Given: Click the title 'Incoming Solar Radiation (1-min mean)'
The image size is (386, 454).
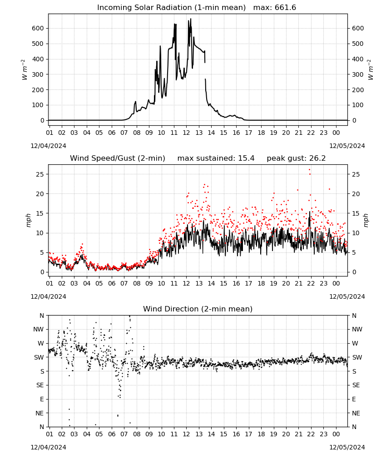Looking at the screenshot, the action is (171, 8).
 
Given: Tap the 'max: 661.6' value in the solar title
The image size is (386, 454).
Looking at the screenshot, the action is (275, 8).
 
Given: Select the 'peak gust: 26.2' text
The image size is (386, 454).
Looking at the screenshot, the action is (296, 158).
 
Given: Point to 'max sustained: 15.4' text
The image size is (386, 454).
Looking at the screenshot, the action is (216, 158).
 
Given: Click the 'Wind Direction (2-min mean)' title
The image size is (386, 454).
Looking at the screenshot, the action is (198, 309).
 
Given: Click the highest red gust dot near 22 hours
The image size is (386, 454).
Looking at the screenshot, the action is (310, 170).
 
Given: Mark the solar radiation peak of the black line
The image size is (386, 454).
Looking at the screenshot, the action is (191, 19).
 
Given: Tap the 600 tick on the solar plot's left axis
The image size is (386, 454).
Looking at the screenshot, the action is (38, 28).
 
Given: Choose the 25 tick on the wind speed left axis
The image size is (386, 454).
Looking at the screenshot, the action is (40, 174).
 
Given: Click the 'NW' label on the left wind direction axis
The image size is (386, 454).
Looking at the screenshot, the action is (39, 330).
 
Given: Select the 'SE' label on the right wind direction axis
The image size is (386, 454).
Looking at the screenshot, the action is (356, 385).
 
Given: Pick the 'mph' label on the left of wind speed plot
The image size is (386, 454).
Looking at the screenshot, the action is (28, 220).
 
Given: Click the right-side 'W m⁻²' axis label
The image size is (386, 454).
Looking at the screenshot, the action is (371, 70).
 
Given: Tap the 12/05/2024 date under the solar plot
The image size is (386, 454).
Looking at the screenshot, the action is (347, 146).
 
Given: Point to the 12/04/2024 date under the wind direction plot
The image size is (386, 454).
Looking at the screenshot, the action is (48, 447).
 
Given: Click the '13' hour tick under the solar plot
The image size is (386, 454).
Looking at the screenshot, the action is (199, 133).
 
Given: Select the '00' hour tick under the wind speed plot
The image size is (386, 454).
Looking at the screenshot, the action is (336, 283).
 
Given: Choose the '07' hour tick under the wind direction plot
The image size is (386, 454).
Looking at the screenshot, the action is (124, 434).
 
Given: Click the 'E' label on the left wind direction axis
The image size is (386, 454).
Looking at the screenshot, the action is (42, 399).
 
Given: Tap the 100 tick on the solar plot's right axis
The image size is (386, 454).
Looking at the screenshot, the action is (358, 105).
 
